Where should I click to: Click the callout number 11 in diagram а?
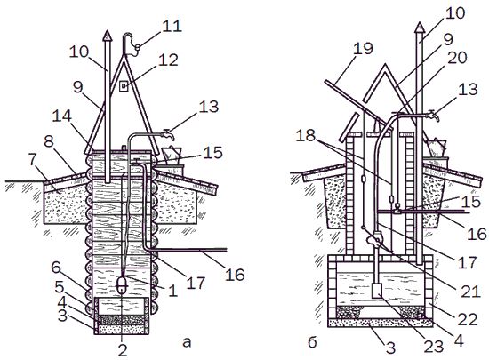pyautogui.click(x=172, y=26)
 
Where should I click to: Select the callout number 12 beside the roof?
pyautogui.click(x=168, y=60)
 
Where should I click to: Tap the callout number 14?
pyautogui.click(x=62, y=116)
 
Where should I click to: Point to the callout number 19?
pyautogui.click(x=363, y=49)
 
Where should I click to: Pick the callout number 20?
pyautogui.click(x=457, y=58)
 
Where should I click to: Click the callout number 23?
pyautogui.click(x=434, y=347)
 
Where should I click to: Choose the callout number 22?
pyautogui.click(x=467, y=320)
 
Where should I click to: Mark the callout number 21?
pyautogui.click(x=470, y=292)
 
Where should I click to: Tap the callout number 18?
pyautogui.click(x=306, y=136)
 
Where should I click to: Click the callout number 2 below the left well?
pyautogui.click(x=123, y=350)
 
